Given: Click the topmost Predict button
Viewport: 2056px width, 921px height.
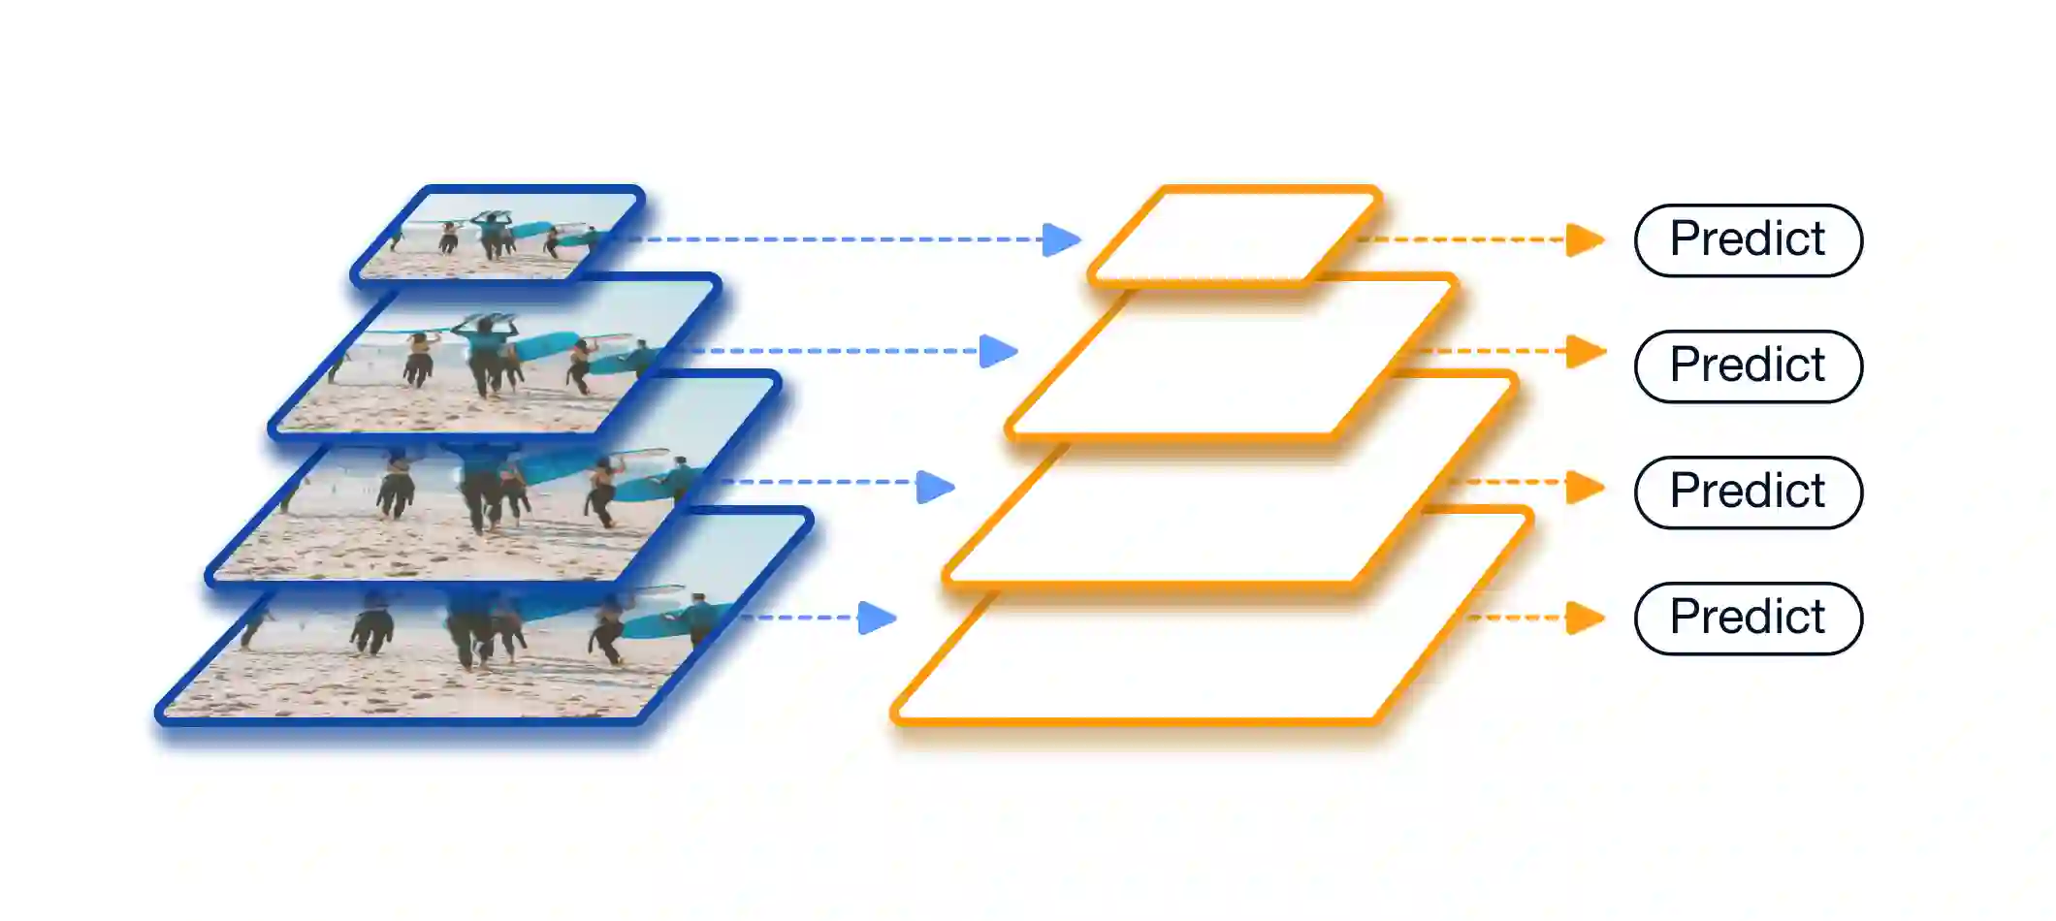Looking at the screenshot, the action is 1748,240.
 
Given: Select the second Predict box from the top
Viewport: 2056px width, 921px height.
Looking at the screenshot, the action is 1748,366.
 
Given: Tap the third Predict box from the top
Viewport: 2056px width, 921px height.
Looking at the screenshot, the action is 1748,492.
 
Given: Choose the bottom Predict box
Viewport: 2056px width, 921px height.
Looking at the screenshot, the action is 1748,619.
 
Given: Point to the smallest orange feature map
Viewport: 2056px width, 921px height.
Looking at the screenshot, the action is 1235,236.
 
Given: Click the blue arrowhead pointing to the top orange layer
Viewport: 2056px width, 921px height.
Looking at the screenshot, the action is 1061,239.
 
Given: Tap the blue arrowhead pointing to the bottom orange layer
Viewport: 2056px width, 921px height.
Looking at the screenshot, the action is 877,618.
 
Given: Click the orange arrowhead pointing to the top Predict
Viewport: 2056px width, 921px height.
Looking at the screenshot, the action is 1585,239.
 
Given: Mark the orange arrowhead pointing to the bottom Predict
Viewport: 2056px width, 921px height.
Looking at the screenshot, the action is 1585,618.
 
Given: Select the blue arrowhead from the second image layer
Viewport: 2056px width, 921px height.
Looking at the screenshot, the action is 998,351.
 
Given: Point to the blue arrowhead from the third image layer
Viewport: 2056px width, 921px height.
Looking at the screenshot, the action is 935,487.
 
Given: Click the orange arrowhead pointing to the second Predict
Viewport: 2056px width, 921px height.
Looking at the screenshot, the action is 1585,351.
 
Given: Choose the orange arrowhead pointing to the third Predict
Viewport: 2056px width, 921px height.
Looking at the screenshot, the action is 1585,487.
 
